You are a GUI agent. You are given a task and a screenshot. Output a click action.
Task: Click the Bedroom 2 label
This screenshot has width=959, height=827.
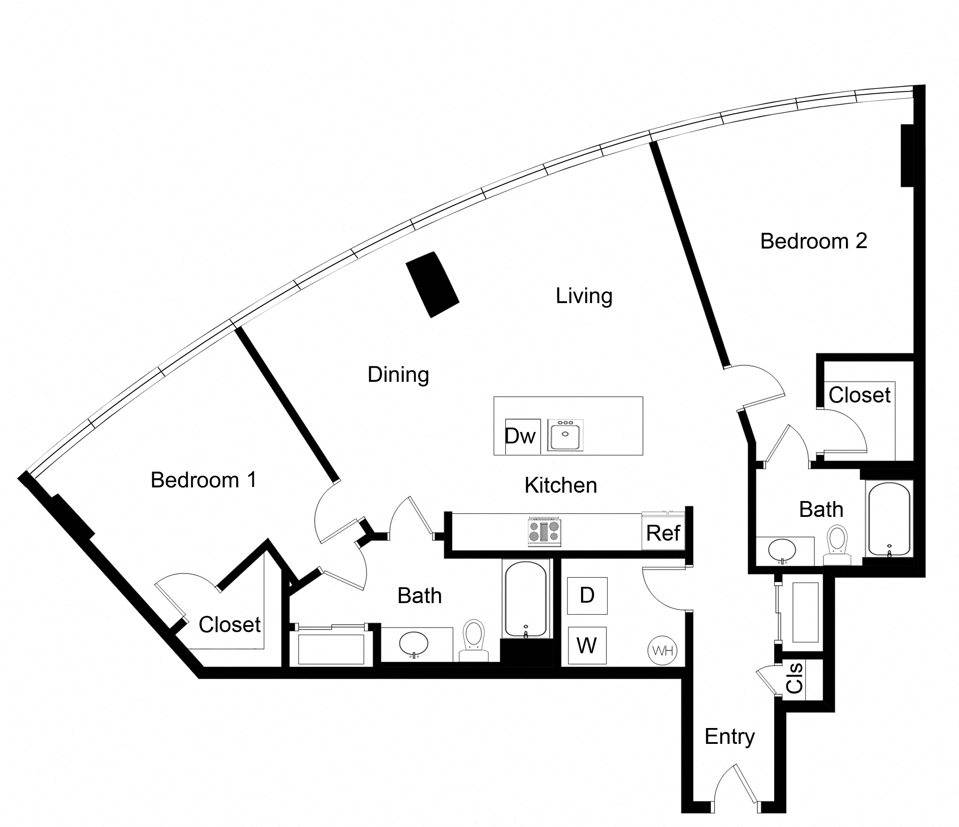click(813, 241)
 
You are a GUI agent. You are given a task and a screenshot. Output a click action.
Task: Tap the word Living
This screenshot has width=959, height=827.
click(584, 296)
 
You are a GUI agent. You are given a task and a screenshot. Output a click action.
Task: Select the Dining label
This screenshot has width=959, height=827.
click(398, 374)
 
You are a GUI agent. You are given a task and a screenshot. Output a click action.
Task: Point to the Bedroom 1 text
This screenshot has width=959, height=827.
click(203, 480)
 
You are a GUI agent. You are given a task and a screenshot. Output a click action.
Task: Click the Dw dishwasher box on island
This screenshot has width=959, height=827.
click(522, 436)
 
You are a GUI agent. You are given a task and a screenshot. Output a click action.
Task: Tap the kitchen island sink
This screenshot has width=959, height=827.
click(565, 435)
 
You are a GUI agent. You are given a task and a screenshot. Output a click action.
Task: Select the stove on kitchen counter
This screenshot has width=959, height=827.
click(544, 532)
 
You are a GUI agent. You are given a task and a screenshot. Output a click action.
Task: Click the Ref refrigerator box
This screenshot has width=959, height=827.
click(663, 533)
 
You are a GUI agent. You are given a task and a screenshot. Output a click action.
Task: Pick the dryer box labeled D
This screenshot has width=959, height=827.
click(587, 596)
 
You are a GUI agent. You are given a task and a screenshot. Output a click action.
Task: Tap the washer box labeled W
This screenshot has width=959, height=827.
click(587, 645)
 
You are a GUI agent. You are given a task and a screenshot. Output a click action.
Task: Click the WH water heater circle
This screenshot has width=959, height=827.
click(663, 651)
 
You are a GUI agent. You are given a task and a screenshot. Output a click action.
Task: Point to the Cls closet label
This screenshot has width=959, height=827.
click(794, 678)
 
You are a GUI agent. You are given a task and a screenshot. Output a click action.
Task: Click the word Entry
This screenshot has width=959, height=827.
click(729, 736)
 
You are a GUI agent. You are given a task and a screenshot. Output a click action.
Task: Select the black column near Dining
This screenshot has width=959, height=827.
click(432, 285)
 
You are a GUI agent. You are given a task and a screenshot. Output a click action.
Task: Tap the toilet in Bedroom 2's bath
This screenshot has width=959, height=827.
click(837, 545)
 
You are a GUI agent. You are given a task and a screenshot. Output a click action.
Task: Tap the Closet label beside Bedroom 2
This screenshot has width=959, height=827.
click(860, 395)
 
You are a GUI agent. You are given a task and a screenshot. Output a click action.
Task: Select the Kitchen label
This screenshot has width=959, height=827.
click(560, 486)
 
